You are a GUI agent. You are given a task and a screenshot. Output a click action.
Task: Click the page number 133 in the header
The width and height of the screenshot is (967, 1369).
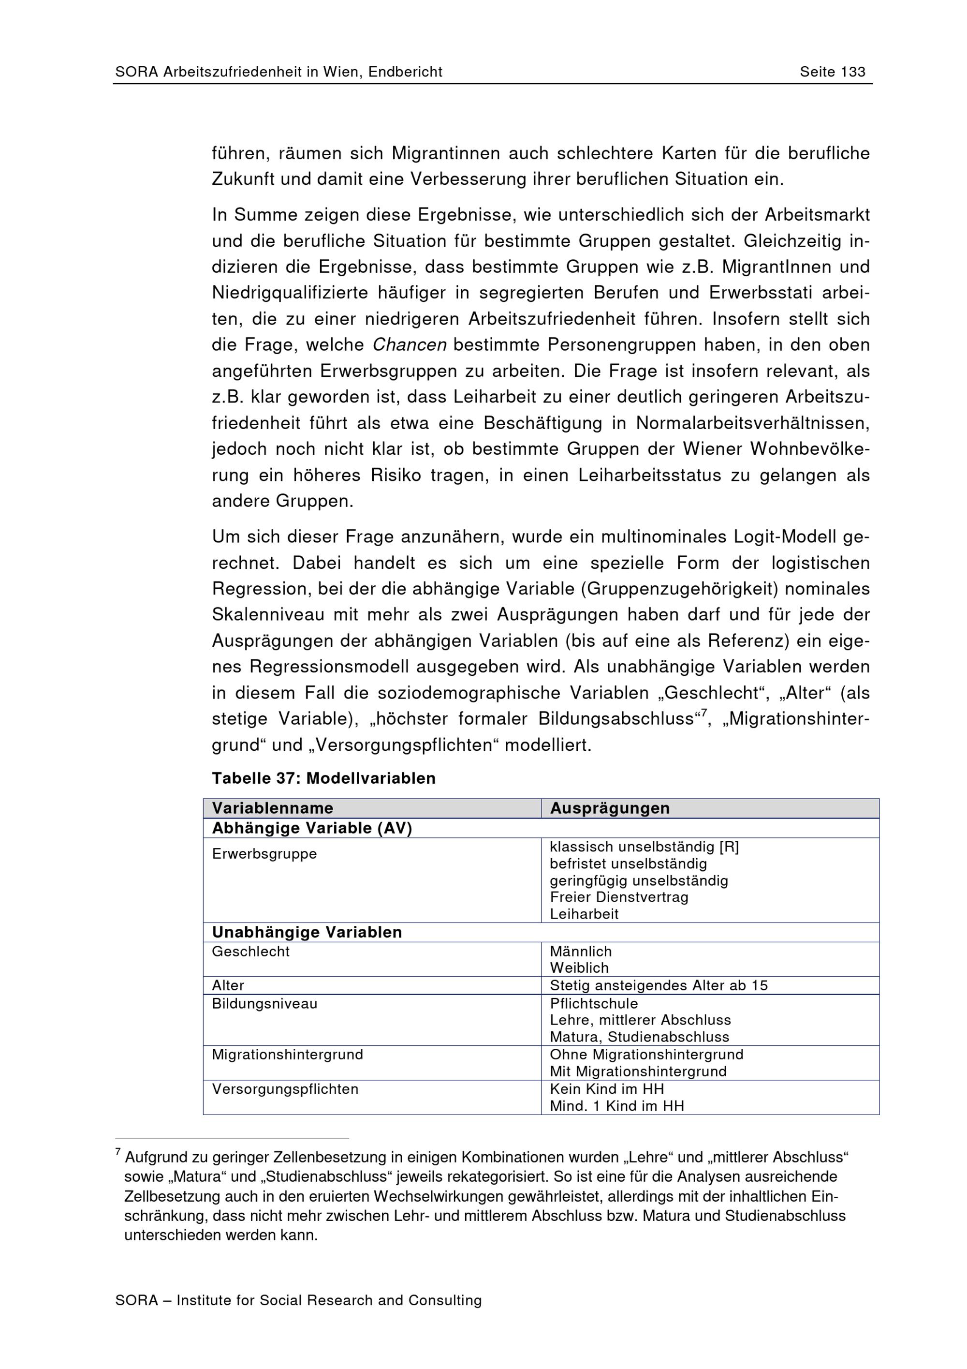pyautogui.click(x=852, y=72)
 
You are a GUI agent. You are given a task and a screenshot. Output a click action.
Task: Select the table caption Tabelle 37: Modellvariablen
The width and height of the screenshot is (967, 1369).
pyautogui.click(x=323, y=778)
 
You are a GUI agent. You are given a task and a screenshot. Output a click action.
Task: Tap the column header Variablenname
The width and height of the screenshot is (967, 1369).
pyautogui.click(x=272, y=808)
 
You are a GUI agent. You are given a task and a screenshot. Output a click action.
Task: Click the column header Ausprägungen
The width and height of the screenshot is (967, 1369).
pyautogui.click(x=610, y=808)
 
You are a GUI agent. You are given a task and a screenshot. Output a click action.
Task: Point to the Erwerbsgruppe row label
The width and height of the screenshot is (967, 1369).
pyautogui.click(x=264, y=854)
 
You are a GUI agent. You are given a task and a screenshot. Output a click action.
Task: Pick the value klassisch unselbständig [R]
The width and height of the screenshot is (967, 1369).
pyautogui.click(x=644, y=847)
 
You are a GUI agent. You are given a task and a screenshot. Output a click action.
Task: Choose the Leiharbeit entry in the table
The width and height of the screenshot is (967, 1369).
pyautogui.click(x=584, y=914)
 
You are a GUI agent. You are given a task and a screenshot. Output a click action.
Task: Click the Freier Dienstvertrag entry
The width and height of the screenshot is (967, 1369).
pyautogui.click(x=619, y=897)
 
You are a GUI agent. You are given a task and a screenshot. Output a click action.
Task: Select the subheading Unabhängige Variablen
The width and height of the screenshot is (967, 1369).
pyautogui.click(x=307, y=933)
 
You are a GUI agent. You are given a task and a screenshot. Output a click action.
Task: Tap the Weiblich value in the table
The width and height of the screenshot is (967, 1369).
pyautogui.click(x=579, y=967)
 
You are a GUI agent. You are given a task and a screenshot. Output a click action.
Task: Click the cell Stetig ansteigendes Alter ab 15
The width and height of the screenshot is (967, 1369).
pyautogui.click(x=659, y=985)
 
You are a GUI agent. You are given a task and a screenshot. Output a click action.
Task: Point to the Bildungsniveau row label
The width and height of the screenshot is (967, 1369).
pyautogui.click(x=264, y=1003)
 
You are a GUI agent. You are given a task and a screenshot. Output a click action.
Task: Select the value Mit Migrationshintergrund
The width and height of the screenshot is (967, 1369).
pyautogui.click(x=638, y=1071)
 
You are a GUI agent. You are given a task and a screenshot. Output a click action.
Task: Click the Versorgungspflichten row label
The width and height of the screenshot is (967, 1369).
pyautogui.click(x=285, y=1089)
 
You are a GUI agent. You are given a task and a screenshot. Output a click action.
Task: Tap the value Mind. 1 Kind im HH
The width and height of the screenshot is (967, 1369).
pyautogui.click(x=616, y=1106)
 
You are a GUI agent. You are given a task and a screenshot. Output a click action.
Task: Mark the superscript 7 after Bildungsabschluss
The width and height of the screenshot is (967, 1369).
pyautogui.click(x=703, y=713)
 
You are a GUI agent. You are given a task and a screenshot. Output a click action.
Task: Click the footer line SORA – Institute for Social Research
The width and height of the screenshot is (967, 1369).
pyautogui.click(x=298, y=1300)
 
